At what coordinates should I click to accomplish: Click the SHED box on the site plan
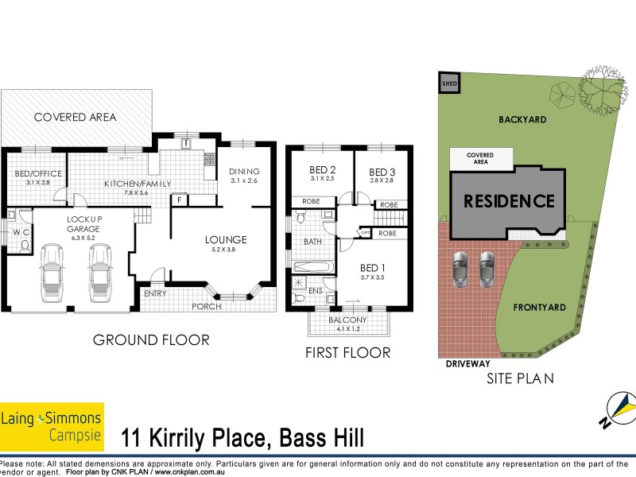click(449, 83)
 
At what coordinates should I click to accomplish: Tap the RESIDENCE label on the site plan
click(509, 200)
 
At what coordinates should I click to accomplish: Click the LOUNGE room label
click(226, 239)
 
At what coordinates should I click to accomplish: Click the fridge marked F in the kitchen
click(181, 200)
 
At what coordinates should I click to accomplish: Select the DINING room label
click(244, 172)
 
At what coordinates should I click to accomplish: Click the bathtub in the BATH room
click(311, 266)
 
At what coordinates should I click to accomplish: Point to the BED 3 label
click(382, 172)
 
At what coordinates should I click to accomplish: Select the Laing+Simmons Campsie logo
click(52, 425)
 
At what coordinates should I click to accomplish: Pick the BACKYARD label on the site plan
click(522, 119)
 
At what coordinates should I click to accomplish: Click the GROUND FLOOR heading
click(151, 340)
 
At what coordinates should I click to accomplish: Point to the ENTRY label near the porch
click(156, 293)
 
